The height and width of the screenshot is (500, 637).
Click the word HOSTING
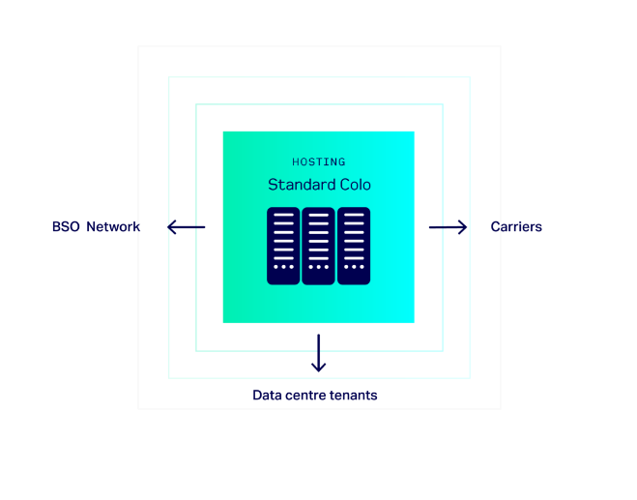pyautogui.click(x=318, y=162)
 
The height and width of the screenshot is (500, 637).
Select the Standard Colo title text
pyautogui.click(x=319, y=185)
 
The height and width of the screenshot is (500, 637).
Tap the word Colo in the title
pyautogui.click(x=353, y=185)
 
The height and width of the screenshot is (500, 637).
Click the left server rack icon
pyautogui.click(x=283, y=246)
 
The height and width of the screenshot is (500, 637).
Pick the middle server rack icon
pyautogui.click(x=318, y=246)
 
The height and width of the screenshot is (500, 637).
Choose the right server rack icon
pyautogui.click(x=354, y=246)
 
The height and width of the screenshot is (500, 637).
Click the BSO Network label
pyautogui.click(x=96, y=227)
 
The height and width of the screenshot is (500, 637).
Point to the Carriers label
pyautogui.click(x=516, y=227)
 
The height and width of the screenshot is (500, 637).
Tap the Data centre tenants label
pyautogui.click(x=314, y=395)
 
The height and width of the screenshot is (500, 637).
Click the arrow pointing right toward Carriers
pyautogui.click(x=449, y=227)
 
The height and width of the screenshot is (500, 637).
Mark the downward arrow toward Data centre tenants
pyautogui.click(x=318, y=353)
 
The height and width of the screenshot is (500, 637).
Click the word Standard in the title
pyautogui.click(x=296, y=185)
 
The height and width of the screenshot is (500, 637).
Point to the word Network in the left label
pyautogui.click(x=112, y=227)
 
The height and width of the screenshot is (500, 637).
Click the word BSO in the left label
pyautogui.click(x=66, y=227)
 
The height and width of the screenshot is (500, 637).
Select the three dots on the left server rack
pyautogui.click(x=283, y=266)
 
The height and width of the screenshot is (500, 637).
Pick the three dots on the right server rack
pyautogui.click(x=354, y=266)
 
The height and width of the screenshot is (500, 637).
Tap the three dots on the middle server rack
pyautogui.click(x=318, y=266)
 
